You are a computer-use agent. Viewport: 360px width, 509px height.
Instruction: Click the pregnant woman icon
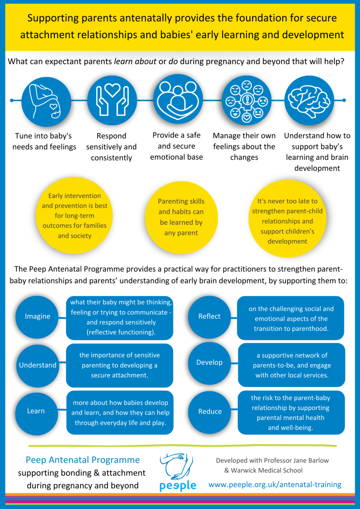(46, 102)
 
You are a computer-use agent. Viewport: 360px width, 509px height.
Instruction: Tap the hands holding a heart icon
(112, 100)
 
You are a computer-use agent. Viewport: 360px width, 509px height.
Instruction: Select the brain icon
(309, 100)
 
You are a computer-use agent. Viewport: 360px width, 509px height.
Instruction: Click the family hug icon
(178, 99)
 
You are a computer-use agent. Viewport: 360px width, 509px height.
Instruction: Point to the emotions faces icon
(247, 100)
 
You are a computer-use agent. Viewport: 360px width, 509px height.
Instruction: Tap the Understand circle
(37, 366)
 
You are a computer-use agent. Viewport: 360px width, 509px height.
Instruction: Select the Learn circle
(37, 414)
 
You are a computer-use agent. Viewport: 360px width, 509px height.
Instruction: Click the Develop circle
(209, 363)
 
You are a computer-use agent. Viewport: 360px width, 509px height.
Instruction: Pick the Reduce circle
(210, 412)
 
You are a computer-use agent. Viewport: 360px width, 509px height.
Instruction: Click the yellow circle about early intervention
(74, 215)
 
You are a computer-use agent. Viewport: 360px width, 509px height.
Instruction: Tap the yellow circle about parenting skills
(181, 217)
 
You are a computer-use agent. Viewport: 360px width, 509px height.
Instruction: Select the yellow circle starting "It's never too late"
(287, 219)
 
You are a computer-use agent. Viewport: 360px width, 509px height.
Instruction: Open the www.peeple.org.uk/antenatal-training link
(275, 484)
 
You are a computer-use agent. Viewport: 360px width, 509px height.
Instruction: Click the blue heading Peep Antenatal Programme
(83, 460)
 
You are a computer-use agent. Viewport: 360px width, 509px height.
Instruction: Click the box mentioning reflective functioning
(120, 317)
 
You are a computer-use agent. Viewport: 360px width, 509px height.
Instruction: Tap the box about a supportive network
(292, 365)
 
